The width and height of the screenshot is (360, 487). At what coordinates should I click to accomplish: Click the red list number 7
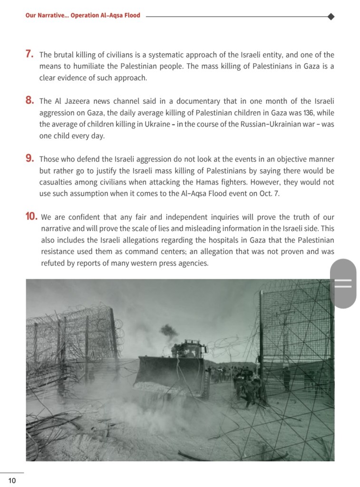pyautogui.click(x=29, y=54)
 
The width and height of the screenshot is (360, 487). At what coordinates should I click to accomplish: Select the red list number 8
pyautogui.click(x=29, y=100)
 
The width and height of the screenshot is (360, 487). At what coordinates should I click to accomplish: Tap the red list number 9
pyautogui.click(x=29, y=158)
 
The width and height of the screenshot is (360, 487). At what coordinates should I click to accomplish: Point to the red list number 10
pyautogui.click(x=31, y=217)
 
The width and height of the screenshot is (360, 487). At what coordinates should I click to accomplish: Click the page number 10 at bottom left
pyautogui.click(x=12, y=481)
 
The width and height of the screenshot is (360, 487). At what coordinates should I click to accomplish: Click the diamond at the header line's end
pyautogui.click(x=331, y=16)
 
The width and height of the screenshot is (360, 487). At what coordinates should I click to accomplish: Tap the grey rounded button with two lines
pyautogui.click(x=343, y=283)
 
